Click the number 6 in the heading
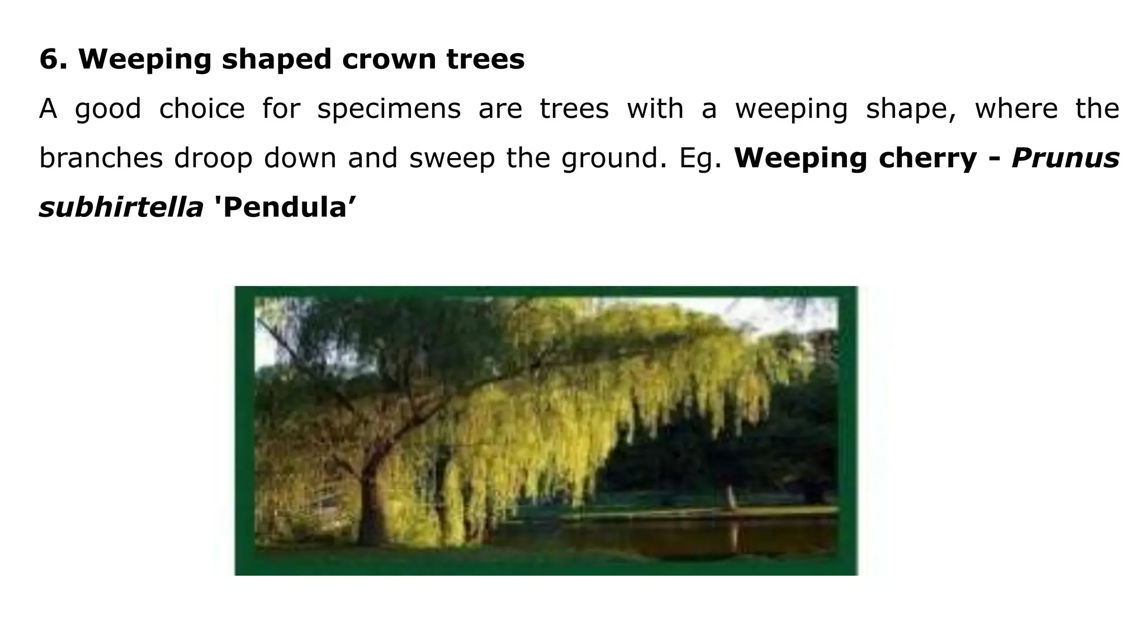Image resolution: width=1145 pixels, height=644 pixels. click(x=50, y=59)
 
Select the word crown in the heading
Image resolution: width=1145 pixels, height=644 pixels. click(x=388, y=59)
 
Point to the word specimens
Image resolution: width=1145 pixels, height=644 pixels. click(x=389, y=109)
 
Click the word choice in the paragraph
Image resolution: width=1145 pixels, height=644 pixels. click(x=202, y=109)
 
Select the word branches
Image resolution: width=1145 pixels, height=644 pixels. click(x=101, y=158)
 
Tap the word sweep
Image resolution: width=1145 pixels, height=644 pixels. click(x=452, y=158)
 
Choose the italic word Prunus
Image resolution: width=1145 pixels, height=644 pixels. click(x=1066, y=158)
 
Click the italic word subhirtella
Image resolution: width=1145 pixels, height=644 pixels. click(x=121, y=208)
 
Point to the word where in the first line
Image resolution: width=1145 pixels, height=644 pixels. click(x=1016, y=109)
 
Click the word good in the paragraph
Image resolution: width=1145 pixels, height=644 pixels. click(x=108, y=109)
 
